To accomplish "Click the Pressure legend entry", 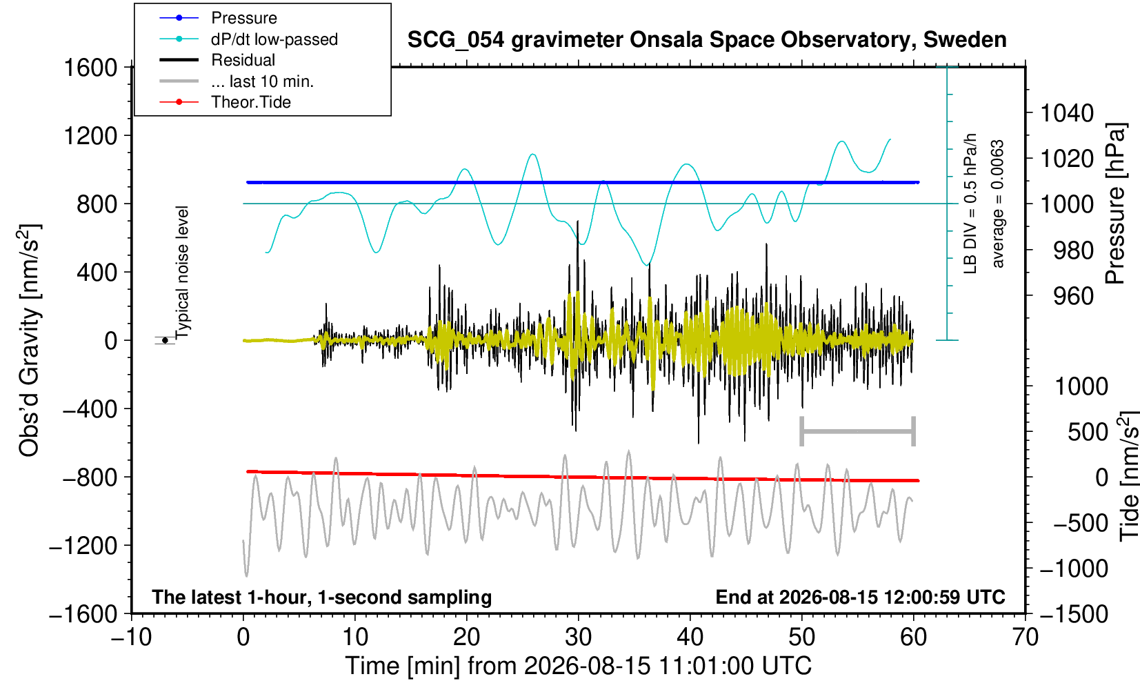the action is pyautogui.click(x=219, y=18).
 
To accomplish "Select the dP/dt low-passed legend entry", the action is pyautogui.click(x=248, y=39).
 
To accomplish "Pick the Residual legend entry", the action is pyautogui.click(x=217, y=60).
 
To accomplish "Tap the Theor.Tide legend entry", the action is pyautogui.click(x=225, y=102).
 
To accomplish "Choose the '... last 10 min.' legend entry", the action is pyautogui.click(x=236, y=81).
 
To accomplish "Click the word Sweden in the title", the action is pyautogui.click(x=965, y=40).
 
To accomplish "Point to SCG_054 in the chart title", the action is pyautogui.click(x=456, y=40).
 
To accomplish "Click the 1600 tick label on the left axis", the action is pyautogui.click(x=90, y=68).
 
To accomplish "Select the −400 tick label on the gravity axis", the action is pyautogui.click(x=90, y=408).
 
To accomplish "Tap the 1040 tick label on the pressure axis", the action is pyautogui.click(x=1067, y=113).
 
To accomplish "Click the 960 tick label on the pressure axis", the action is pyautogui.click(x=1073, y=296).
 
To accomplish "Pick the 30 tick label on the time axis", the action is pyautogui.click(x=578, y=638).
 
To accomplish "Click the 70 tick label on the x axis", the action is pyautogui.click(x=1025, y=638).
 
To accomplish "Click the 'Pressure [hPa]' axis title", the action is pyautogui.click(x=1116, y=204).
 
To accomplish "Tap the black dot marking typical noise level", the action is pyautogui.click(x=165, y=340).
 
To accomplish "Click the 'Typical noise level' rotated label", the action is pyautogui.click(x=181, y=273).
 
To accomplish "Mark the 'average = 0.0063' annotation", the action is pyautogui.click(x=997, y=204).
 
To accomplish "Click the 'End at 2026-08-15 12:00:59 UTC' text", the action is pyautogui.click(x=860, y=597).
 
